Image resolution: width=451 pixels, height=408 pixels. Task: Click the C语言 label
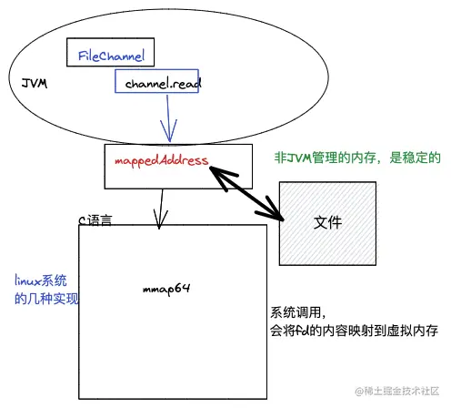pyautogui.click(x=95, y=219)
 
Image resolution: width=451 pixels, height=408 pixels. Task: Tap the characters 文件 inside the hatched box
pyautogui.click(x=327, y=222)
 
